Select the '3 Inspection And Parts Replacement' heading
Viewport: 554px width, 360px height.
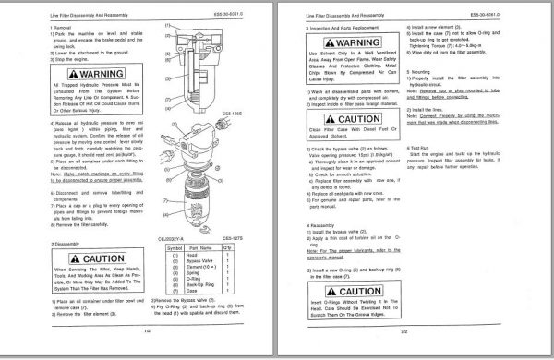[x=352, y=28]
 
